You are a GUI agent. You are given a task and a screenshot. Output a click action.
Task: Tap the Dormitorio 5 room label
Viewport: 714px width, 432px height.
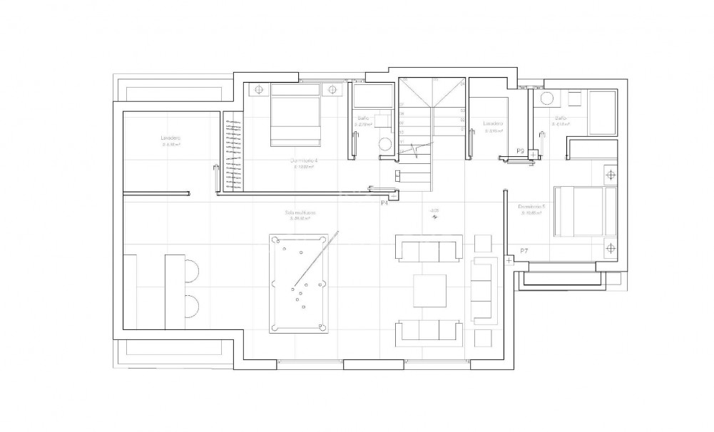tap(532, 207)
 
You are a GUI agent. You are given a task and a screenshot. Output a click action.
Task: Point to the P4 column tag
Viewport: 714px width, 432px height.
tap(384, 203)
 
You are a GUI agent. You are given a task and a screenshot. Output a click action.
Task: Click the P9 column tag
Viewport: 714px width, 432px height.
tap(521, 151)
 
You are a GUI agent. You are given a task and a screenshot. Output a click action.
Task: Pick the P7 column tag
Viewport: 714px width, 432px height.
tap(524, 250)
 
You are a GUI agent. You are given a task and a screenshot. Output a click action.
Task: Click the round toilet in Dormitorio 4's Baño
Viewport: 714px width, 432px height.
tap(385, 143)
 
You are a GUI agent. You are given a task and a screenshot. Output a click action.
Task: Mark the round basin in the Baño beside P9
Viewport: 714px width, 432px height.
tap(548, 98)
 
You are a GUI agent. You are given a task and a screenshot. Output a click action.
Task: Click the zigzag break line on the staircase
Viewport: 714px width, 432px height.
tap(418, 145)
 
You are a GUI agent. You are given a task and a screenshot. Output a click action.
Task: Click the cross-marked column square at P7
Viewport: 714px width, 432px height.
tap(509, 261)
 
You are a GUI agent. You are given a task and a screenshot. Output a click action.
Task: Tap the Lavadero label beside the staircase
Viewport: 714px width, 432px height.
tap(493, 123)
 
